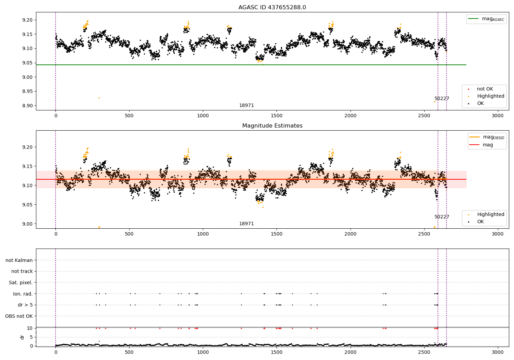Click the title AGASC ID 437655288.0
272,8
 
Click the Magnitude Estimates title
272,126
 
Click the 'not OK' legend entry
485,89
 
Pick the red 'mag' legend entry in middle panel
488,145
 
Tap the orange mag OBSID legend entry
488,137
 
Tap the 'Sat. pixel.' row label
21,283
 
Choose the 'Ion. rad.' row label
23,294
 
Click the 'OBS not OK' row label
19,316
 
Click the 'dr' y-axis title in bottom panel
22,337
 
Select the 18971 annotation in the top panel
246,106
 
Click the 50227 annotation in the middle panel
442,217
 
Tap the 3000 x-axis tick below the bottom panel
498,352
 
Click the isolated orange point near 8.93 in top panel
99,98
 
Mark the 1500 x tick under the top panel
277,116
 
